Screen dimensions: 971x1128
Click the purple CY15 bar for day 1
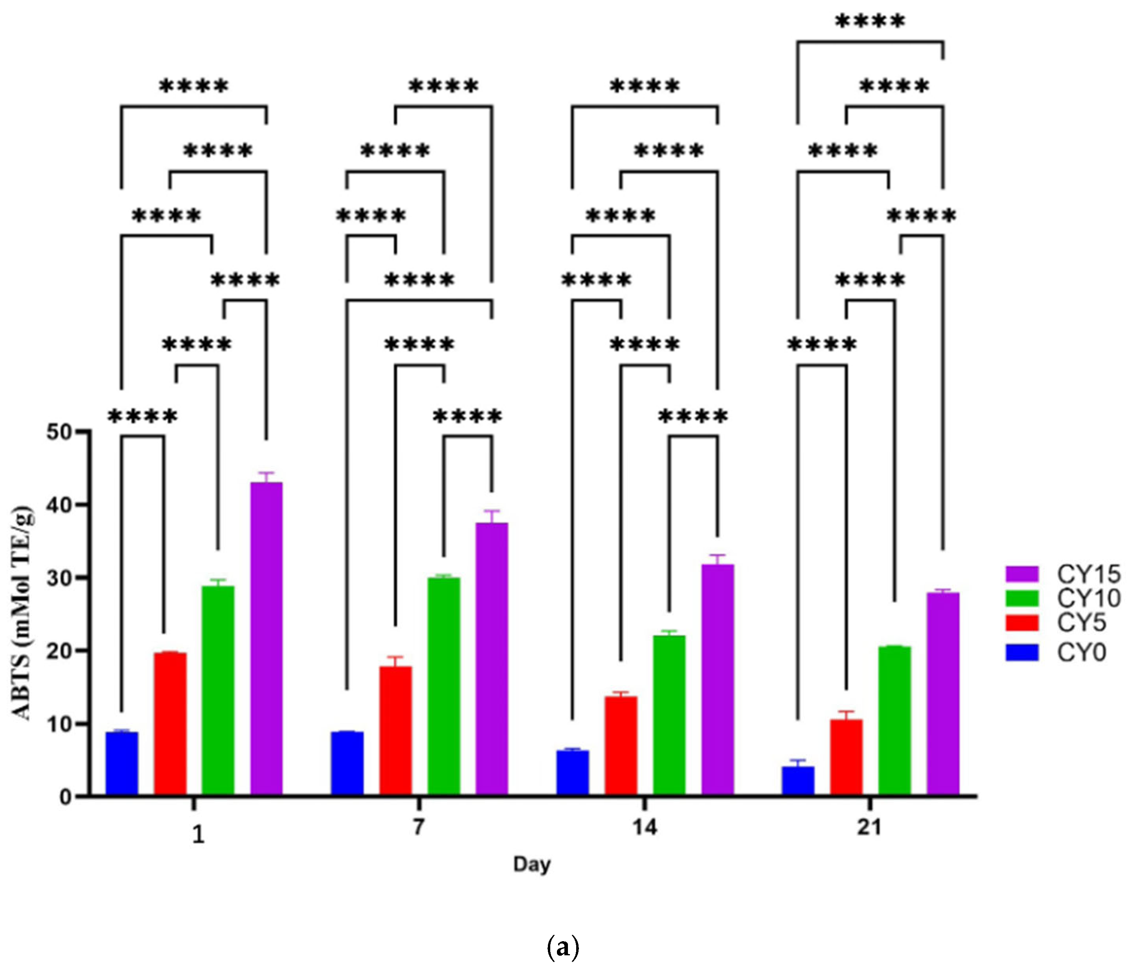pos(266,639)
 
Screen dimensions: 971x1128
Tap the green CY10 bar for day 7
pos(444,686)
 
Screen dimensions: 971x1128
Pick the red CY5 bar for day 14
pos(621,746)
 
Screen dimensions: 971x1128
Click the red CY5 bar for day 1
pos(170,724)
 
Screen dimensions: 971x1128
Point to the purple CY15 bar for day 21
pos(943,694)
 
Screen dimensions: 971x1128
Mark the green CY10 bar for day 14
pos(669,715)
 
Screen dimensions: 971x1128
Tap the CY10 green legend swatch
pos(1022,598)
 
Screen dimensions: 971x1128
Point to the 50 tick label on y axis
pos(59,432)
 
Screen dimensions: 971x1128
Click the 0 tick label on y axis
pos(65,797)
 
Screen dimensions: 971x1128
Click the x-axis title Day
pos(532,864)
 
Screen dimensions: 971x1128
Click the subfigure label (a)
pos(562,947)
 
